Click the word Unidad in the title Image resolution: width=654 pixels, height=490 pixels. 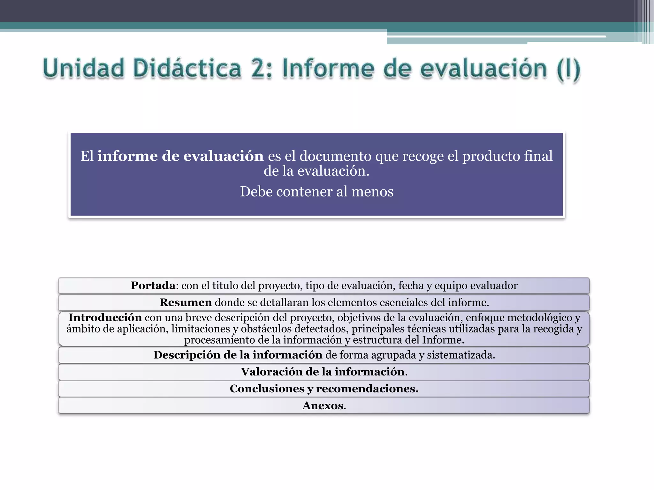83,68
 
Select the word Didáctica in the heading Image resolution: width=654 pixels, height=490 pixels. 187,68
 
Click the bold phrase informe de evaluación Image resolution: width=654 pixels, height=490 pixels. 180,156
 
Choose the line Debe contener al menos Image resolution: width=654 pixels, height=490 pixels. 316,192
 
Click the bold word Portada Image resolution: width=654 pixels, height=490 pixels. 153,286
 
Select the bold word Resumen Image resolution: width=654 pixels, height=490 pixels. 186,302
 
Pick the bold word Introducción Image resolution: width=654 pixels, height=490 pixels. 105,318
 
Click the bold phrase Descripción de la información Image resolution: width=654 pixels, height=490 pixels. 238,355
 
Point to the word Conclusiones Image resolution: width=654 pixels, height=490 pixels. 267,389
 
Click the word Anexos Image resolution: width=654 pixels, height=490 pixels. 323,406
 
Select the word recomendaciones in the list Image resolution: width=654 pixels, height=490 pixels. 367,389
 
